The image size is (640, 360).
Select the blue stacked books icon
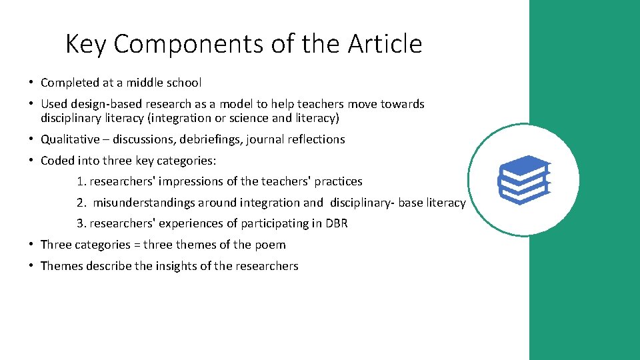[x=523, y=179]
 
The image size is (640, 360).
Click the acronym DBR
[x=336, y=223]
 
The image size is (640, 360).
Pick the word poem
[x=272, y=245]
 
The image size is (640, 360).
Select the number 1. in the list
[x=81, y=181]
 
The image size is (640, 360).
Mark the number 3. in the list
[x=81, y=223]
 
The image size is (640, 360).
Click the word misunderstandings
[x=144, y=203]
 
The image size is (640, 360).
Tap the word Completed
[x=69, y=83]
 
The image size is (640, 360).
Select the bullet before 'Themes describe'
[x=31, y=266]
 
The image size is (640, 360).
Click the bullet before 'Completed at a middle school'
[x=31, y=83]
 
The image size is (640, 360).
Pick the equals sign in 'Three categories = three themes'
[x=137, y=245]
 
